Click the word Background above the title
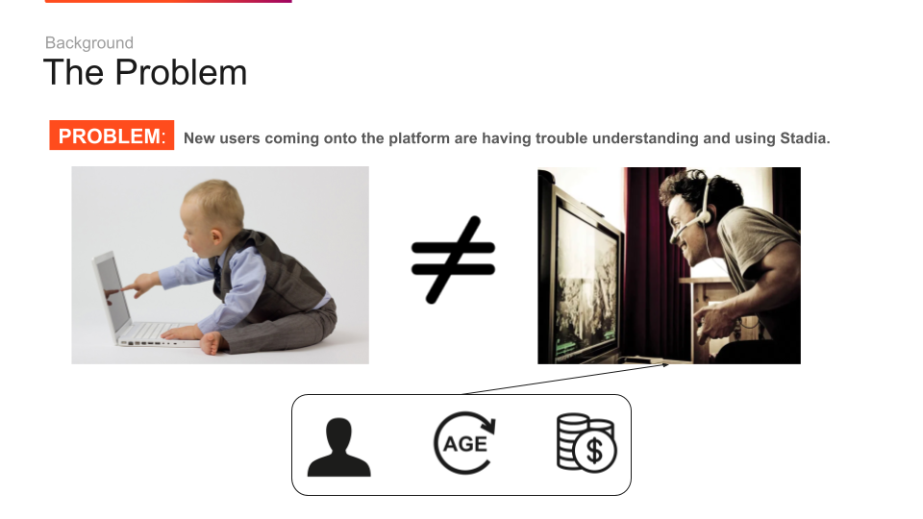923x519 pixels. [x=89, y=43]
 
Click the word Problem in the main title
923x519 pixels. [x=181, y=72]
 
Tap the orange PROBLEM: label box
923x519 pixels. [x=112, y=136]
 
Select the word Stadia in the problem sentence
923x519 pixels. [x=805, y=138]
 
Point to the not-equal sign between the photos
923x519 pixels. [x=453, y=259]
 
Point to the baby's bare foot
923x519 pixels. [x=211, y=342]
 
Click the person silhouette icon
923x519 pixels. [x=339, y=447]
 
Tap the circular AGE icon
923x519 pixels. [x=465, y=443]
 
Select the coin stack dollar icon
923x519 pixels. [x=586, y=443]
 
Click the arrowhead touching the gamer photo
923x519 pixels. [x=665, y=365]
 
